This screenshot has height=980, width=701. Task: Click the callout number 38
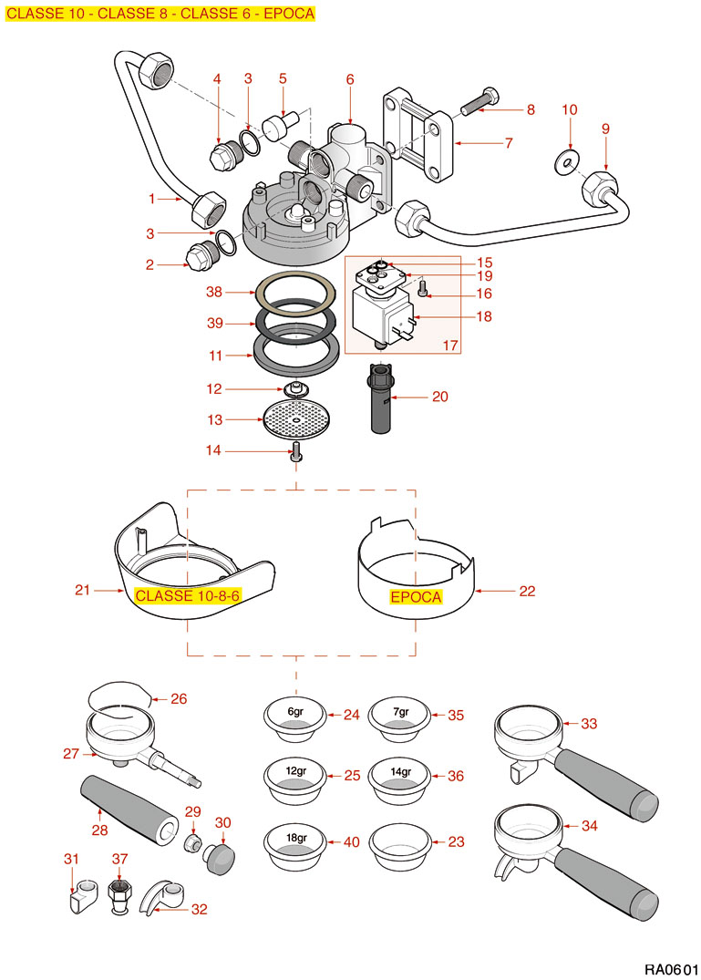213,293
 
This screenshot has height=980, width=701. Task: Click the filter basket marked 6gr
294,717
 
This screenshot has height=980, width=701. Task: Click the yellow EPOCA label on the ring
415,597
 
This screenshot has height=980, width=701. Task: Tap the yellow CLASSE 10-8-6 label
187,595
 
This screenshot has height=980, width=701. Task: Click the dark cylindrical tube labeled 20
381,400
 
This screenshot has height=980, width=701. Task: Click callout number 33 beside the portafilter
589,724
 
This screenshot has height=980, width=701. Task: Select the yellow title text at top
160,14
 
